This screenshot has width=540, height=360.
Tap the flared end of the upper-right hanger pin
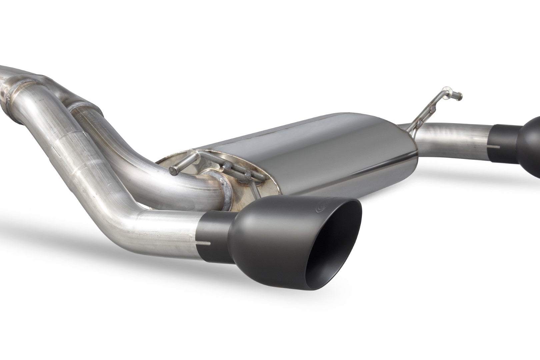point(460,96)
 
